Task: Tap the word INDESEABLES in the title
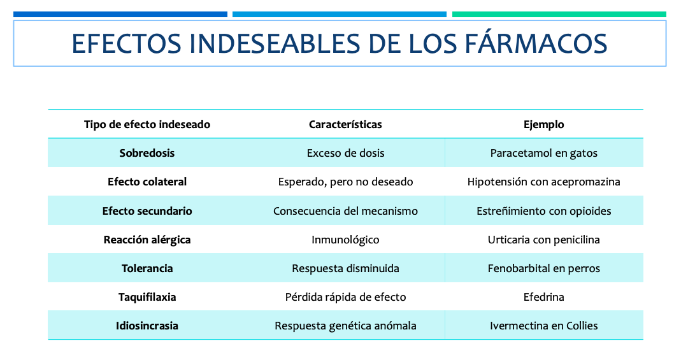275,44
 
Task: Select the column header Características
345,125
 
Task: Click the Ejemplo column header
544,125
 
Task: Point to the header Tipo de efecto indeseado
147,125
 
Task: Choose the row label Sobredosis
147,154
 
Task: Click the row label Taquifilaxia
147,298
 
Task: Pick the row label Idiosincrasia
147,326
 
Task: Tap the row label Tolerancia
147,268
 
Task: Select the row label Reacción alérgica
147,240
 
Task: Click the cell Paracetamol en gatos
544,154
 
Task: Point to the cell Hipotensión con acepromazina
544,182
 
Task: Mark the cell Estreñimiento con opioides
544,211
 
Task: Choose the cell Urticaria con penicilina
544,240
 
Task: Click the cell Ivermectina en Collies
544,326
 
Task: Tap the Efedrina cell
544,297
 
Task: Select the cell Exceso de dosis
345,154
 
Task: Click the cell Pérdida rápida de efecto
345,297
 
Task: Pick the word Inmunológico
345,240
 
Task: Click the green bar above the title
559,14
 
